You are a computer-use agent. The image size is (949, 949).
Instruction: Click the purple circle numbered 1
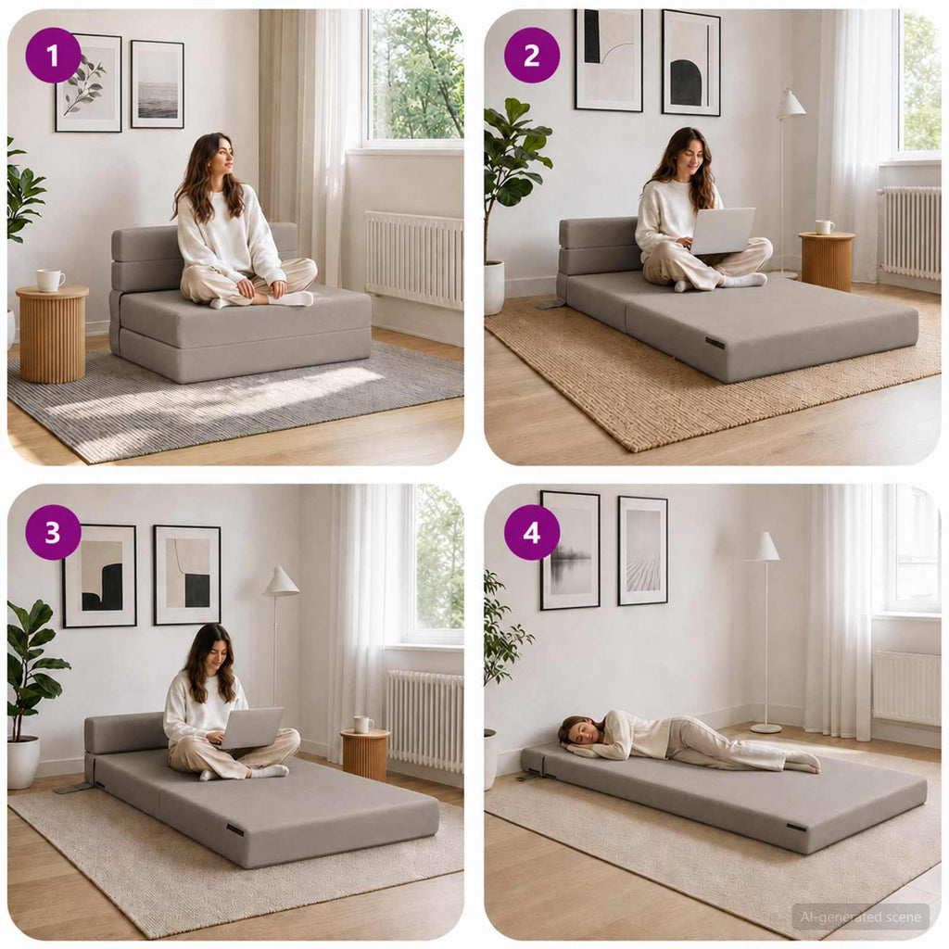[x=53, y=56]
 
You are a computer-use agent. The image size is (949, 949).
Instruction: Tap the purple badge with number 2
[x=531, y=56]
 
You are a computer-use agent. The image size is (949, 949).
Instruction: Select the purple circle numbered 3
[x=53, y=533]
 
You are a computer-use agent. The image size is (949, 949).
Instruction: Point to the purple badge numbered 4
[x=531, y=533]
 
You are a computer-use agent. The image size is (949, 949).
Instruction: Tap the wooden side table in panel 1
[x=52, y=334]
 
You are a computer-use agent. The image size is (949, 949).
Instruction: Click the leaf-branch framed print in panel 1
[x=88, y=82]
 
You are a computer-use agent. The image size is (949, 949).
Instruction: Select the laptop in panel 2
[x=722, y=231]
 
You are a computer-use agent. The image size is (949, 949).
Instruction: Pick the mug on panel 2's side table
[x=824, y=228]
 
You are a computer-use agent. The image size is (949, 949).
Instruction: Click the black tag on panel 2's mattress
[x=715, y=343]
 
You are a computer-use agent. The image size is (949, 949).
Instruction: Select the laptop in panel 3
[x=253, y=728]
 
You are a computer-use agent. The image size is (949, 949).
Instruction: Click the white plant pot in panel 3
[x=23, y=762]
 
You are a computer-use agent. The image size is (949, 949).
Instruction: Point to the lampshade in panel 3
[x=282, y=581]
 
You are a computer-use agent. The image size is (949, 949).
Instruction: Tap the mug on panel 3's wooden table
[x=363, y=725]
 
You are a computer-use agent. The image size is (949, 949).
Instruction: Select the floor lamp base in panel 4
[x=766, y=728]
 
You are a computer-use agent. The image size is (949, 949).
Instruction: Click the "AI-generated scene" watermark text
[x=860, y=917]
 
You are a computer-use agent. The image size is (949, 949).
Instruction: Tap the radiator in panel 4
[x=906, y=689]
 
